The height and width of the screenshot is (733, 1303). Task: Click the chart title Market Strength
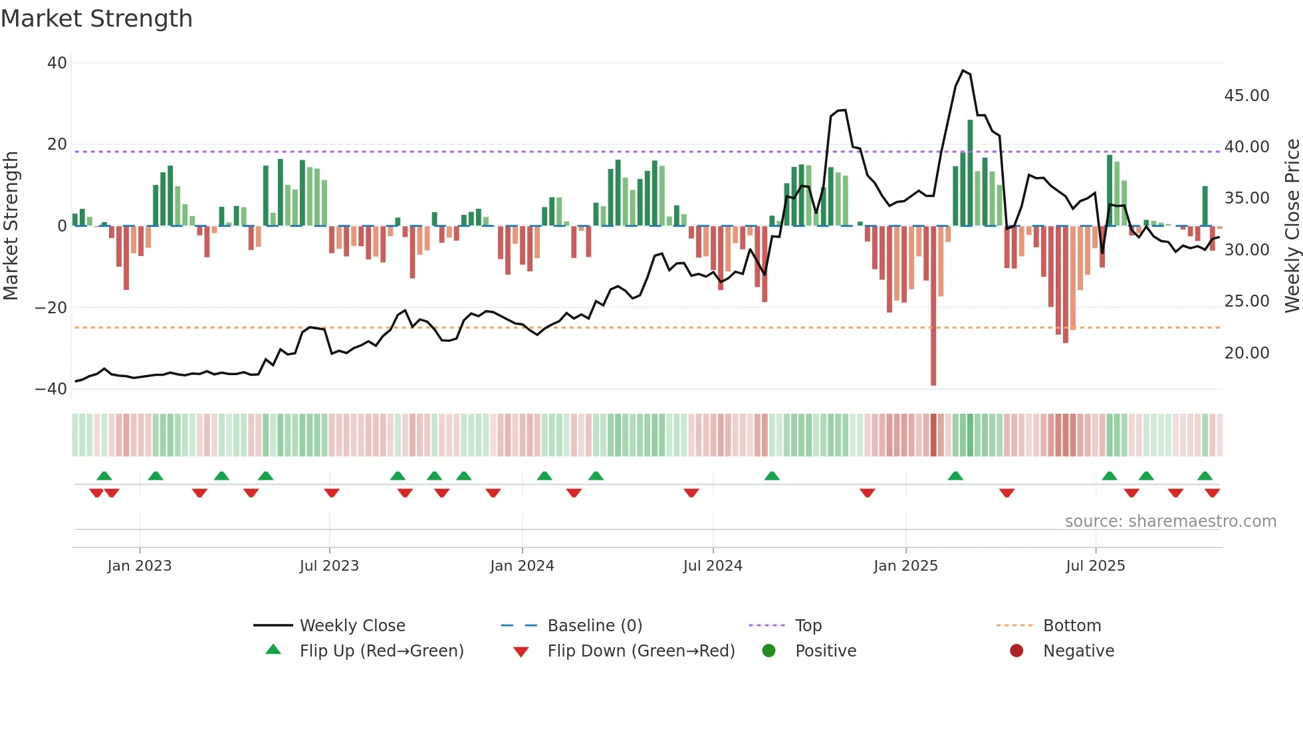point(96,19)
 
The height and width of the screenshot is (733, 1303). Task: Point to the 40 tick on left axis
point(57,63)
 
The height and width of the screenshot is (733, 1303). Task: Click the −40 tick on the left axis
point(51,389)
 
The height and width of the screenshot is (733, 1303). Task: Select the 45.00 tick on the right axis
point(1246,96)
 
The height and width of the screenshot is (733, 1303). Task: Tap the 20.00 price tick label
point(1246,353)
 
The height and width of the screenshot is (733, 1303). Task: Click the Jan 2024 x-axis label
point(522,566)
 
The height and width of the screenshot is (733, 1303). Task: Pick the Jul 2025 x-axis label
point(1095,566)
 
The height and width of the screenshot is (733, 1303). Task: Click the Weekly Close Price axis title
point(1292,226)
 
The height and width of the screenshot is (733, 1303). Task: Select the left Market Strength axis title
point(11,226)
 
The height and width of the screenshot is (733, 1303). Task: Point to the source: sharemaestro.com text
point(1170,521)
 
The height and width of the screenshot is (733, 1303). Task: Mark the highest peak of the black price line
point(963,71)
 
